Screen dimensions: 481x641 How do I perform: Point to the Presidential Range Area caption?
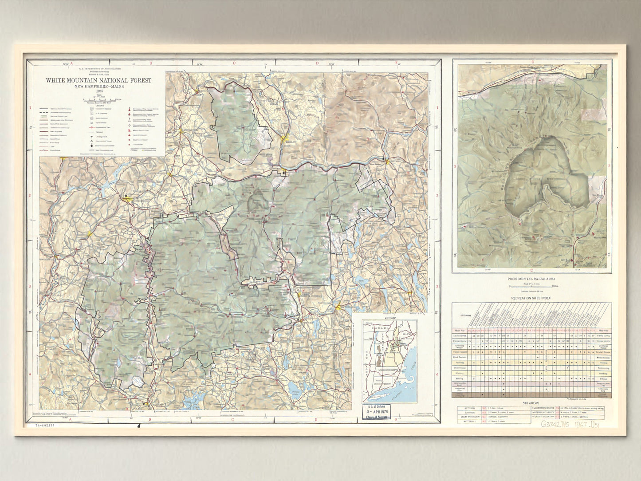531,279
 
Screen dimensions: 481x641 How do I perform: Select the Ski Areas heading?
531,402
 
